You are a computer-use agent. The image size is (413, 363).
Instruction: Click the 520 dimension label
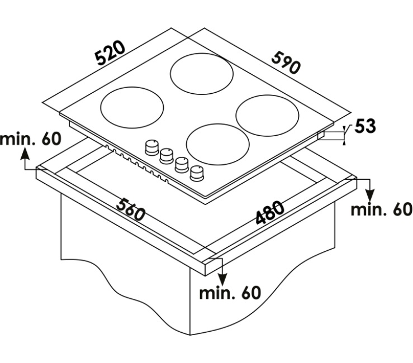pos(110,53)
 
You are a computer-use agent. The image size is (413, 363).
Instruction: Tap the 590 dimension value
pos(286,63)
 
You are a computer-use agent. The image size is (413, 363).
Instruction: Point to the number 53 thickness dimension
pos(365,126)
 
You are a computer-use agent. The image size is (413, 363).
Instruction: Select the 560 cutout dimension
pos(131,209)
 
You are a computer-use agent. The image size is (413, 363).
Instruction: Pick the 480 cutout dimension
pos(270,213)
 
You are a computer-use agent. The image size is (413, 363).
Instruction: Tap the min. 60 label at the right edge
pos(382,209)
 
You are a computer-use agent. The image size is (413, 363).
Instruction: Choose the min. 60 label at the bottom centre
pos(230,293)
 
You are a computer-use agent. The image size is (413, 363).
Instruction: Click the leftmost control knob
pos(152,147)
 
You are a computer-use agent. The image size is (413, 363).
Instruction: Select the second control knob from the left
pos(167,156)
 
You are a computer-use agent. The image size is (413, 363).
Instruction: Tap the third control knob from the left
pos(182,165)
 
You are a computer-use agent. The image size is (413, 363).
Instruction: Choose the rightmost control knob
pos(197,174)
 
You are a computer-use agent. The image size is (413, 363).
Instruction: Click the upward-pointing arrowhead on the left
pos(25,154)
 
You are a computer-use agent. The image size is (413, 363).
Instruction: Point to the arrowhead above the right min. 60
pos(370,195)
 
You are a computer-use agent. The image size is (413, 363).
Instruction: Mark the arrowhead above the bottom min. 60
pos(222,279)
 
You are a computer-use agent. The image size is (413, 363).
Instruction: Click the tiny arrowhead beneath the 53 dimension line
pos(344,142)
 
